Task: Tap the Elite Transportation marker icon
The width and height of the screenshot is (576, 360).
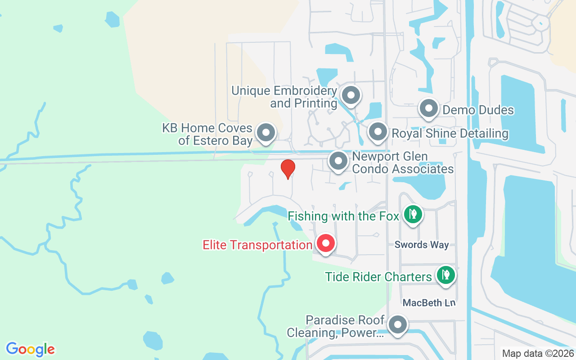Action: coord(326,243)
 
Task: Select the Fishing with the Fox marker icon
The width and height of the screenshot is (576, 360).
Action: coord(413,214)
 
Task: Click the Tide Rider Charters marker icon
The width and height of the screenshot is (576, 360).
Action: coord(445,274)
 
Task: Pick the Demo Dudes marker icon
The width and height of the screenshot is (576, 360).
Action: coord(429,108)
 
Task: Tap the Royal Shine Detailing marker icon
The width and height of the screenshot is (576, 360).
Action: coord(378,132)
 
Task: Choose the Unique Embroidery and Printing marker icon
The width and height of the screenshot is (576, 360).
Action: coord(351,95)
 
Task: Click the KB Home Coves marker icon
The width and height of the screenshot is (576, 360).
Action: coord(265,133)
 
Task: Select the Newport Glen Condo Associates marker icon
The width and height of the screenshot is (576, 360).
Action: coord(338,161)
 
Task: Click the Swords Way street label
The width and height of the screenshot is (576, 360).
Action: coord(422,245)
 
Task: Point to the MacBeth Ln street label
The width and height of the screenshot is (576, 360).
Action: coord(429,303)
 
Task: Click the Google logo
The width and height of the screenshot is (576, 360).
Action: coord(31,349)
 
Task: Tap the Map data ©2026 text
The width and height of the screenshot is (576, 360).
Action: coord(538,353)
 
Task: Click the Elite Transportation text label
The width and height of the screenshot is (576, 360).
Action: coord(257,245)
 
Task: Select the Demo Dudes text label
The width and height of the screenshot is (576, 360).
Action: coord(478,110)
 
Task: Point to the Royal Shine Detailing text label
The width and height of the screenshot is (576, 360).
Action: coord(450,134)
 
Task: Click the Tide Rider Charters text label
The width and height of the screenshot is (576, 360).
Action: coord(378,277)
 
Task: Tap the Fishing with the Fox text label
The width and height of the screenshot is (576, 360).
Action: coord(343,216)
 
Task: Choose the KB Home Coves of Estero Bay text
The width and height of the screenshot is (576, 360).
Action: coord(207,135)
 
